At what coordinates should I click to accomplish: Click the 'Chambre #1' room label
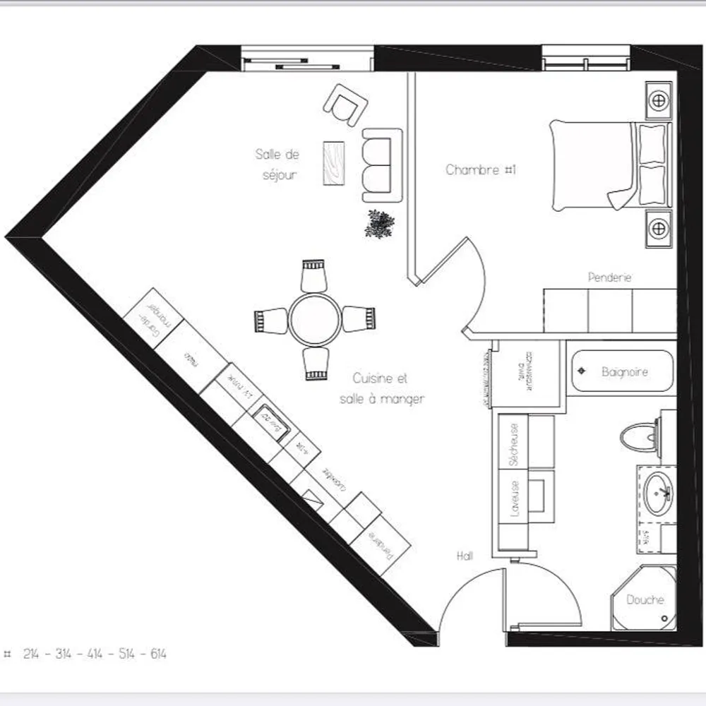pyautogui.click(x=481, y=170)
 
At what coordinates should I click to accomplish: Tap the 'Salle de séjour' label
pyautogui.click(x=278, y=164)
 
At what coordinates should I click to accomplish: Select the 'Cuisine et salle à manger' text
pyautogui.click(x=381, y=389)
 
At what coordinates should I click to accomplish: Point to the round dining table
pyautogui.click(x=315, y=319)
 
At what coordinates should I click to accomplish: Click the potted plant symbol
pyautogui.click(x=380, y=224)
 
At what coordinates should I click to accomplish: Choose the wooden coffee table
pyautogui.click(x=334, y=164)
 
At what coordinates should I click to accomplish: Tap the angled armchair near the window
pyautogui.click(x=347, y=104)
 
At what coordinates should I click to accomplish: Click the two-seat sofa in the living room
pyautogui.click(x=381, y=164)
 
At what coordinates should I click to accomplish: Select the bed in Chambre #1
pyautogui.click(x=607, y=165)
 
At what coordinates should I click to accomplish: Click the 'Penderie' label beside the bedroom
pyautogui.click(x=609, y=277)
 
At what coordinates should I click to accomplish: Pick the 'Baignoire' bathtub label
pyautogui.click(x=624, y=371)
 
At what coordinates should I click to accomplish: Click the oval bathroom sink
pyautogui.click(x=658, y=491)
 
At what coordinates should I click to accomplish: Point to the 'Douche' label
pyautogui.click(x=645, y=599)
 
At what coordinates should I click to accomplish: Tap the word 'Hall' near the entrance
pyautogui.click(x=465, y=556)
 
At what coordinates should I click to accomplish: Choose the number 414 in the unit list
pyautogui.click(x=95, y=654)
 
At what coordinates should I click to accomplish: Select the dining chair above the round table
pyautogui.click(x=313, y=275)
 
